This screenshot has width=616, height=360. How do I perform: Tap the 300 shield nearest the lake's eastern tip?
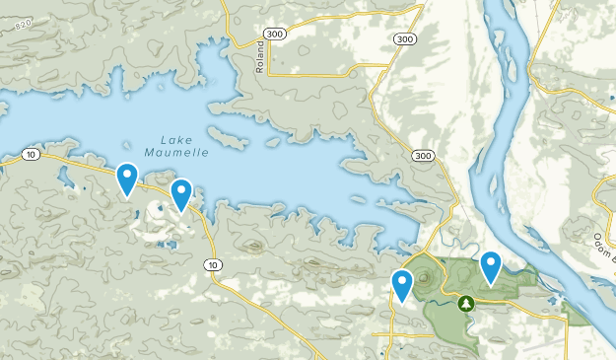[423, 156]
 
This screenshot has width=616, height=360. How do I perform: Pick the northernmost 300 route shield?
[402, 39]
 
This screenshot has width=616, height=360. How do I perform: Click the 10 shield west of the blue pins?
[33, 155]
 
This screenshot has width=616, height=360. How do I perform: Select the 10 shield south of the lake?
[214, 264]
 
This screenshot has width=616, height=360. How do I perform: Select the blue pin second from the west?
[181, 193]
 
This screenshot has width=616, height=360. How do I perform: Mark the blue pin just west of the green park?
[401, 284]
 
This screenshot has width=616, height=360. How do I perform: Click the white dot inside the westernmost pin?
[127, 175]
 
